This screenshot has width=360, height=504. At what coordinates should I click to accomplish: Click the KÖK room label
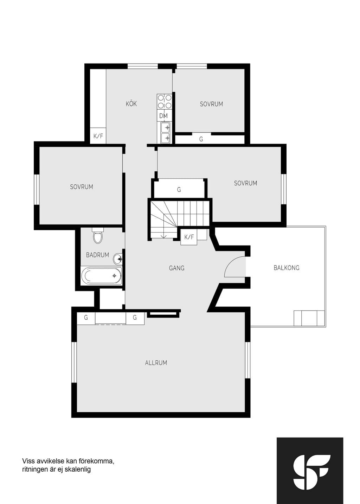(131, 104)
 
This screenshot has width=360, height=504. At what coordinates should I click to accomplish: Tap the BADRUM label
(97, 255)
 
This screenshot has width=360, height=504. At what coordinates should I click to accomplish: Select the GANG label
(176, 268)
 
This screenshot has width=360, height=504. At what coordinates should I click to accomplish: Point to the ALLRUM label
(156, 363)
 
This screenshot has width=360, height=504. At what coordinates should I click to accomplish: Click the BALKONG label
(287, 268)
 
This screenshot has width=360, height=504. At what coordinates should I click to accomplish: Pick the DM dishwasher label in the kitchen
(163, 116)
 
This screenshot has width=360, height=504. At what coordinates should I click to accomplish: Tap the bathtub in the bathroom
(101, 276)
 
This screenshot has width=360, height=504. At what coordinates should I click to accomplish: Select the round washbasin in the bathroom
(117, 259)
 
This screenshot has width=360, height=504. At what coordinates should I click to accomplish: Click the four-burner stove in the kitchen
(164, 102)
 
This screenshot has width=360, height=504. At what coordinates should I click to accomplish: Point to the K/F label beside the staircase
(189, 237)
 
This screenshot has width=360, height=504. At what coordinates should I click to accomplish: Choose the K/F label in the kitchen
(98, 136)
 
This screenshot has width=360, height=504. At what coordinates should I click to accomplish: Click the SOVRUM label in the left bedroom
(82, 187)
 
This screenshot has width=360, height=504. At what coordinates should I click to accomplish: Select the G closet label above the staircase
(179, 190)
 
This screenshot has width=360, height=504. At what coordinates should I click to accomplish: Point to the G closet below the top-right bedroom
(201, 139)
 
